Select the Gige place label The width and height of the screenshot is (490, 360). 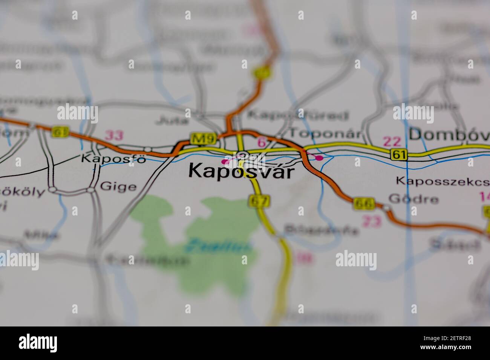coord(118,186)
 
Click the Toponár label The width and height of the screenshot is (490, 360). coord(325,133)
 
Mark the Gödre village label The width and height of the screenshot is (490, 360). coord(413,199)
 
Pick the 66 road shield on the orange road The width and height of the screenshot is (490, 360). coord(364,204)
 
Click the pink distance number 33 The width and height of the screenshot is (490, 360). coord(114,135)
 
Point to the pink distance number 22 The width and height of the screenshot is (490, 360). coord(392,142)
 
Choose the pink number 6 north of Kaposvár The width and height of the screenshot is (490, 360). coord(261,142)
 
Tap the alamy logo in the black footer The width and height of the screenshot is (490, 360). coord(38,343)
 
